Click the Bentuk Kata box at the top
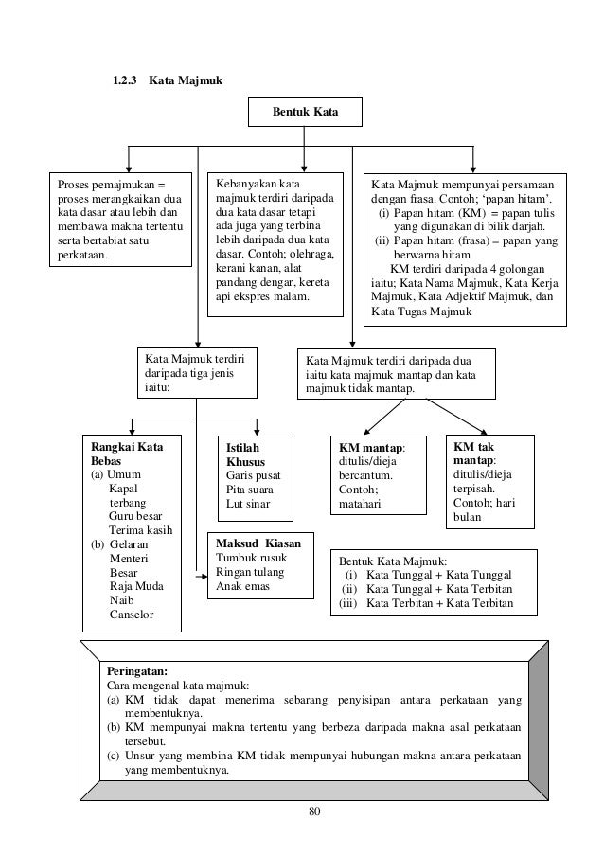click(304, 113)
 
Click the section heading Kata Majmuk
click(183, 82)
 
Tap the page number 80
click(302, 810)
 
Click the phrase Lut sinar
click(248, 503)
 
